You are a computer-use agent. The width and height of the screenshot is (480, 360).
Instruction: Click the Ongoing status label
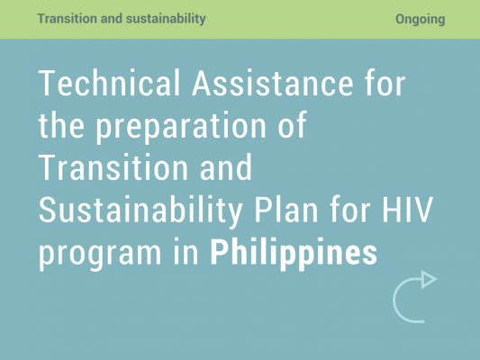421,19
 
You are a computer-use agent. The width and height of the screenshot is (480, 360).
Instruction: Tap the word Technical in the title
109,83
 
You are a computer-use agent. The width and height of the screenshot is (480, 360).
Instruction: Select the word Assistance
273,83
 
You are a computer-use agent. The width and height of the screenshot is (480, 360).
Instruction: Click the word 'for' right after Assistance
385,83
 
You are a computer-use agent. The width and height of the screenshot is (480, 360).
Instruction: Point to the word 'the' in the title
61,125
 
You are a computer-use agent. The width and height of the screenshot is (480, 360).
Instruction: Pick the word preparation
181,128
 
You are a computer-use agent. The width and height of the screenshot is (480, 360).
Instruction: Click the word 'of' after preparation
292,125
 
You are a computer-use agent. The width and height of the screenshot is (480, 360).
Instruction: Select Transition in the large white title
113,167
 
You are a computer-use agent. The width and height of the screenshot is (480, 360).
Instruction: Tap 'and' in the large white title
226,167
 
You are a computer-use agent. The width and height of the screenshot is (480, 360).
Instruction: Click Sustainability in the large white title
140,211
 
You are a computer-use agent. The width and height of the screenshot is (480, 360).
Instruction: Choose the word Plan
286,209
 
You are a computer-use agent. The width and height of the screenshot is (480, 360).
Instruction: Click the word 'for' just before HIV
350,209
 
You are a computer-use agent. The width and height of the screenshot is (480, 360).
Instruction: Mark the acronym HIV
407,210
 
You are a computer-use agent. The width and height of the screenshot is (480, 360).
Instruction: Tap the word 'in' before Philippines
186,252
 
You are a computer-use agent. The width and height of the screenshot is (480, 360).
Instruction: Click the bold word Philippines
294,254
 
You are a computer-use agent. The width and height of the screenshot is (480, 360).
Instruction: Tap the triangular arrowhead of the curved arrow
428,279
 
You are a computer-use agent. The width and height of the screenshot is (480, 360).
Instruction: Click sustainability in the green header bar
166,19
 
